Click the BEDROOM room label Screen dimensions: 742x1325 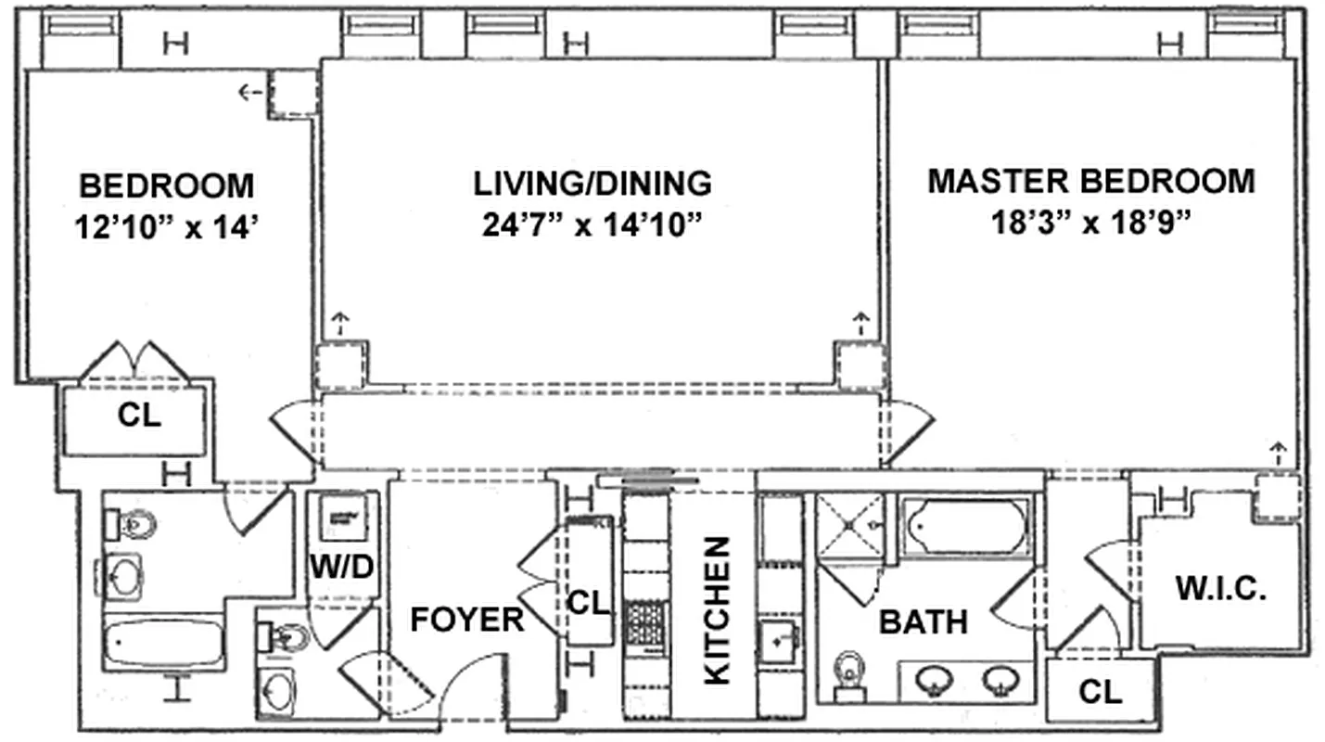(166, 185)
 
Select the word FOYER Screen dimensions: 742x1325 (466, 620)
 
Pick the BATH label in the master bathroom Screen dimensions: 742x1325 (923, 621)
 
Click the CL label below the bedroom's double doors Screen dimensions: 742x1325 (139, 416)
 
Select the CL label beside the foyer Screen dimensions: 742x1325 (589, 604)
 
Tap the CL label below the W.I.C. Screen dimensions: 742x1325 (1100, 691)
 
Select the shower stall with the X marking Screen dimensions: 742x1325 (848, 526)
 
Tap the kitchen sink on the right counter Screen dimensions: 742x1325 (777, 641)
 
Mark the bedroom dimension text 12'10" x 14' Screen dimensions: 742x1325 (166, 227)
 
